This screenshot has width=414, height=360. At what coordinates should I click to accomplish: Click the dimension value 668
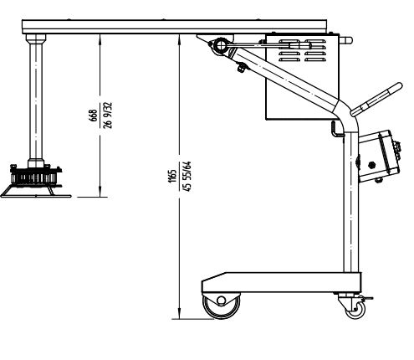[93, 116]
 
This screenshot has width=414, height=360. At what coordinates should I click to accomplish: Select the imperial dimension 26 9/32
[107, 116]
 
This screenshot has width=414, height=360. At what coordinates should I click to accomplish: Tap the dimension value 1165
[172, 176]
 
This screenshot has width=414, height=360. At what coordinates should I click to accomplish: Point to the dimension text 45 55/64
[187, 176]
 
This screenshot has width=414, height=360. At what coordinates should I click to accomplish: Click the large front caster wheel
[221, 306]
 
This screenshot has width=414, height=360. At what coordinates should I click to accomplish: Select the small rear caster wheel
[355, 310]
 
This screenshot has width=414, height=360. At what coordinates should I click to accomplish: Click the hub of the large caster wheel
[221, 301]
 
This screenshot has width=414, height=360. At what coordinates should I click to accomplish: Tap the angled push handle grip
[376, 99]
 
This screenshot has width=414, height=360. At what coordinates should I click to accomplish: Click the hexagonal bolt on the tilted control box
[371, 165]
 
